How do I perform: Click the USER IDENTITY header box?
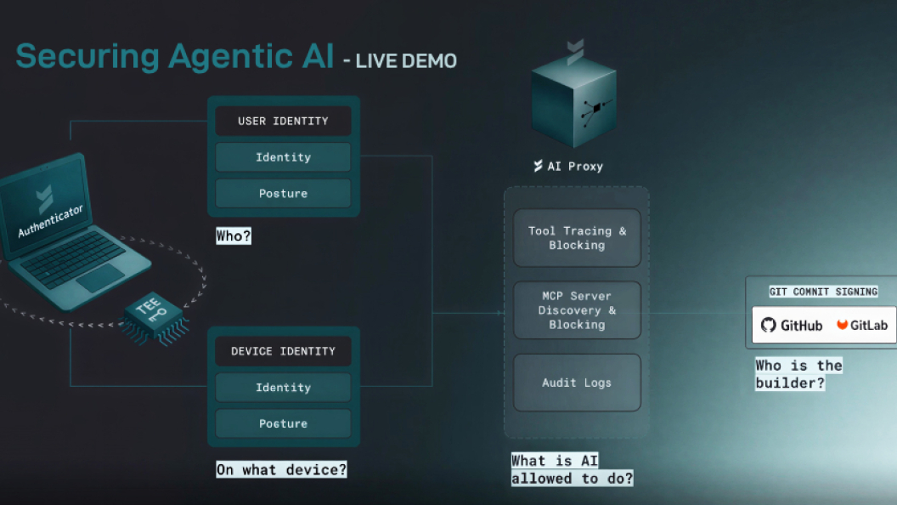[x=283, y=121]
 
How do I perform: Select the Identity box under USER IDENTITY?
[x=283, y=157]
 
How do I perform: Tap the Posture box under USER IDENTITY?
[x=283, y=194]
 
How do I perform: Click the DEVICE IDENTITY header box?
[x=283, y=351]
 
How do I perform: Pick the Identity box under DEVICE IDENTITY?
[x=283, y=388]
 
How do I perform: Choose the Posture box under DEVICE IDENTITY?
[x=283, y=423]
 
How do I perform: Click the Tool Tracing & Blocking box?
[x=577, y=238]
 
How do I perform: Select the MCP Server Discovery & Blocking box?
[x=577, y=310]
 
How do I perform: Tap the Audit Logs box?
[x=577, y=383]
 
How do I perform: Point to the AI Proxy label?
[x=568, y=166]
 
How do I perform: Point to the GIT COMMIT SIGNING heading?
[x=823, y=292]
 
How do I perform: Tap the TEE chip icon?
[x=150, y=316]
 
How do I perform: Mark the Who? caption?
[x=234, y=236]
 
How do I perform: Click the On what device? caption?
[x=281, y=468]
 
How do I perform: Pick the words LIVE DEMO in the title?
[x=406, y=61]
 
